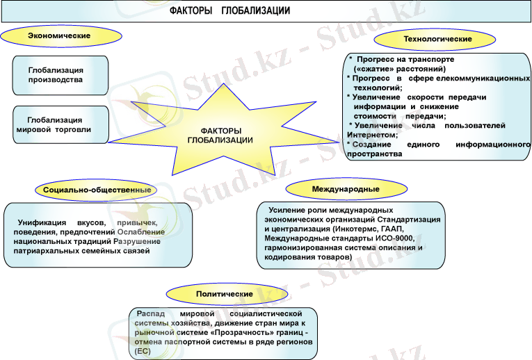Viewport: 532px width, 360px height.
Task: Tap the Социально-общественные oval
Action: pos(97,189)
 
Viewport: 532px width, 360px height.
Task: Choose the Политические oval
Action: pos(223,294)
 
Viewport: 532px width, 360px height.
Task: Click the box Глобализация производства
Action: pos(61,75)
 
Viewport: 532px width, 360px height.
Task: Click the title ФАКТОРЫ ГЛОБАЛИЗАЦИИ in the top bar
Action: pos(229,12)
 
